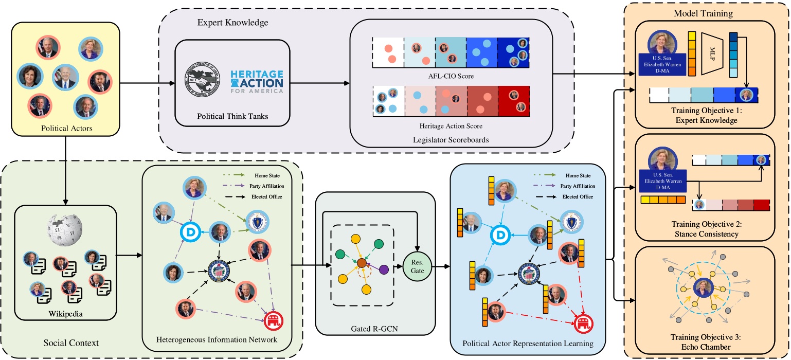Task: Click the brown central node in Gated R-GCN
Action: (362, 263)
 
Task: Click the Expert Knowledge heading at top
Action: (233, 23)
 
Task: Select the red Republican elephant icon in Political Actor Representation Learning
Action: (583, 324)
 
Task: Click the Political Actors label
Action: (66, 128)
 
